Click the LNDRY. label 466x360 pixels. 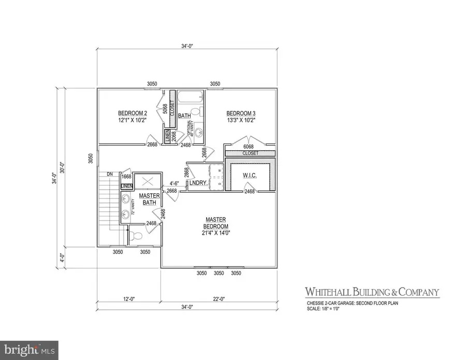pyautogui.click(x=198, y=183)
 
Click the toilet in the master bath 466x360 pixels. pyautogui.click(x=136, y=236)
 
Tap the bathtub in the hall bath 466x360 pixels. pyautogui.click(x=190, y=97)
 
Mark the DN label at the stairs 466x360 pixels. pyautogui.click(x=110, y=174)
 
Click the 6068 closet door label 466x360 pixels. pyautogui.click(x=250, y=147)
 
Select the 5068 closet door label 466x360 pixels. pyautogui.click(x=165, y=109)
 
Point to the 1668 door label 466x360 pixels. pyautogui.click(x=126, y=177)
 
